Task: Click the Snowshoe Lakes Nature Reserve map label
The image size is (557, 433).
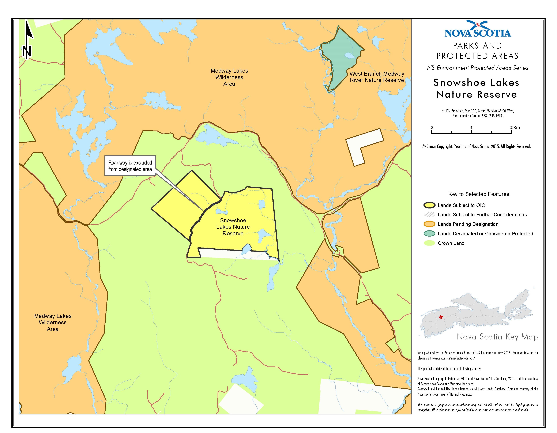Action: coord(233,227)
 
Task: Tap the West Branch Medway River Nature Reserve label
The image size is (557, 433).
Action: coord(377,77)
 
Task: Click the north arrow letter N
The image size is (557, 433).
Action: coord(27,52)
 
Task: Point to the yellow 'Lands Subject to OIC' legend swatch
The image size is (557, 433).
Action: coord(429,205)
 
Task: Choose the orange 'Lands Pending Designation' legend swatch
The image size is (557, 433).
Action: coord(429,224)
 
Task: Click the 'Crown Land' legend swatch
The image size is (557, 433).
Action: coord(429,243)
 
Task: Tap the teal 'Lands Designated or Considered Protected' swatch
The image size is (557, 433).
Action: coord(429,234)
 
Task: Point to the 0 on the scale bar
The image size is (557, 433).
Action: coord(432,128)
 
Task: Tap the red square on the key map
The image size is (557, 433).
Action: coord(441,317)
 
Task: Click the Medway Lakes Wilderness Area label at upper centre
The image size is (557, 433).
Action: coord(229,77)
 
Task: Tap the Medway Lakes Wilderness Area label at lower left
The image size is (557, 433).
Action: coord(53,322)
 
